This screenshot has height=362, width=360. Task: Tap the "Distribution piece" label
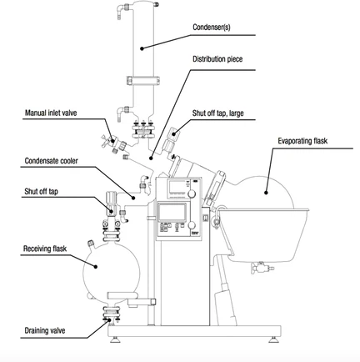coord(218,60)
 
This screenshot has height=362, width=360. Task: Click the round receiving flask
coord(96,268)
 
